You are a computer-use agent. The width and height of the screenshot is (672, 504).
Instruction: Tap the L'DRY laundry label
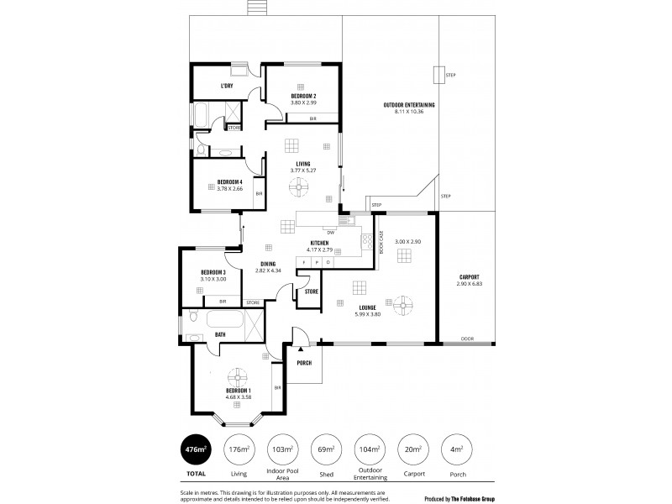[x=226, y=86]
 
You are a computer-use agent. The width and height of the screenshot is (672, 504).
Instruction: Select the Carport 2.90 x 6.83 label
[x=469, y=279]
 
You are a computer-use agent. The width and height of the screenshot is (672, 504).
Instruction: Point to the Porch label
[x=304, y=363]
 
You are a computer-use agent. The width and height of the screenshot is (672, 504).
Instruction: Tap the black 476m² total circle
[x=195, y=449]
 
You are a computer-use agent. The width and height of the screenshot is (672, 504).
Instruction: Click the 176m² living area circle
[x=239, y=449]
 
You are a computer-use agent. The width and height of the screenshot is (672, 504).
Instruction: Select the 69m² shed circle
[x=324, y=449]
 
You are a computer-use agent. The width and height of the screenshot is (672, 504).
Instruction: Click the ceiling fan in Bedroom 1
[x=239, y=375]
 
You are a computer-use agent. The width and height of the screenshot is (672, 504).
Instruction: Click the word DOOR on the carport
[x=468, y=339]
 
